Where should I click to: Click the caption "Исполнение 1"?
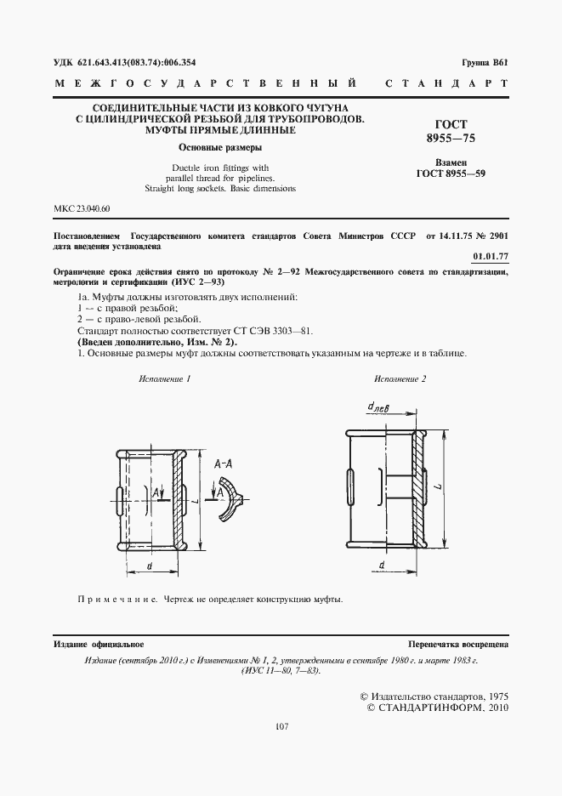point(165,377)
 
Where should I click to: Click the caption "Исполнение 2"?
point(400,377)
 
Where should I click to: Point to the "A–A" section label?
point(225,463)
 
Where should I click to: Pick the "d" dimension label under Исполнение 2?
point(383,564)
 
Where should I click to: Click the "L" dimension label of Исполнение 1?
point(196,503)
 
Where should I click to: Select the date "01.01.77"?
point(490,255)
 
